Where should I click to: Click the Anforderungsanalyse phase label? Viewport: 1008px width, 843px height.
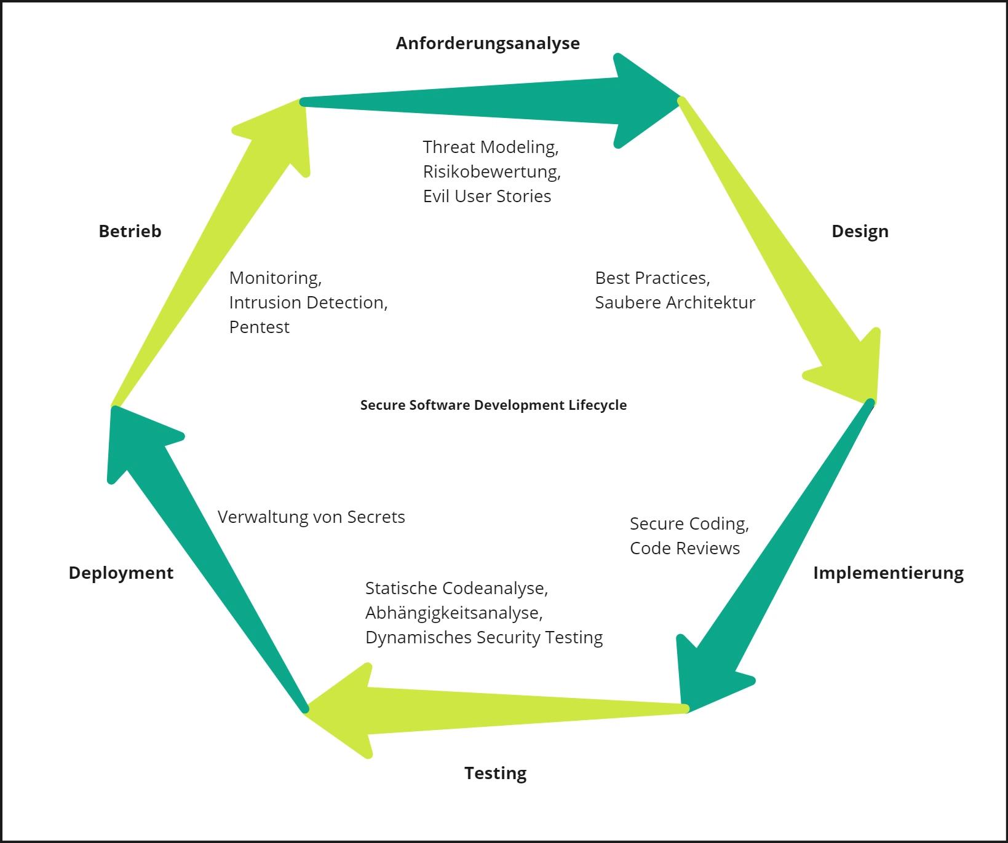click(487, 43)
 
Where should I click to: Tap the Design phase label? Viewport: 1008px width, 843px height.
click(859, 231)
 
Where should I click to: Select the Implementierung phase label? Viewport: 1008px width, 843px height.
click(887, 573)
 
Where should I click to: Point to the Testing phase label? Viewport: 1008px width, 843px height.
click(495, 772)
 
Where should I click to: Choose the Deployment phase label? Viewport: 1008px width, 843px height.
click(121, 573)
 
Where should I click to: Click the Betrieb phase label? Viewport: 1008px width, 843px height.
click(130, 231)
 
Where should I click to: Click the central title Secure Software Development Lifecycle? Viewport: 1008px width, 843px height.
click(493, 405)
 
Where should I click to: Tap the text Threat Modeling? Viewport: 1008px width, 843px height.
click(490, 147)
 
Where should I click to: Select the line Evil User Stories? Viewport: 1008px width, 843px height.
click(486, 196)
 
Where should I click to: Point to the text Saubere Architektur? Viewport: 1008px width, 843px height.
click(675, 302)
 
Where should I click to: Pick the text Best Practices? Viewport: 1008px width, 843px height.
click(652, 278)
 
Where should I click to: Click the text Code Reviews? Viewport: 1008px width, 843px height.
click(685, 548)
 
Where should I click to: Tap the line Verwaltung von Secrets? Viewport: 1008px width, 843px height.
click(311, 517)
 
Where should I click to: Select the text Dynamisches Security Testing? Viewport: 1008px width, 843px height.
click(483, 637)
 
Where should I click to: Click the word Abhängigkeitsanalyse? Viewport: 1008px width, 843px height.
click(453, 613)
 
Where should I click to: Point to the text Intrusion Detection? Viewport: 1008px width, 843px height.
click(308, 302)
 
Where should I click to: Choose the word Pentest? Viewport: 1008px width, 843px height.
click(259, 327)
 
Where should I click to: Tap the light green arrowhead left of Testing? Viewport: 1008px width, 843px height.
click(344, 710)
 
